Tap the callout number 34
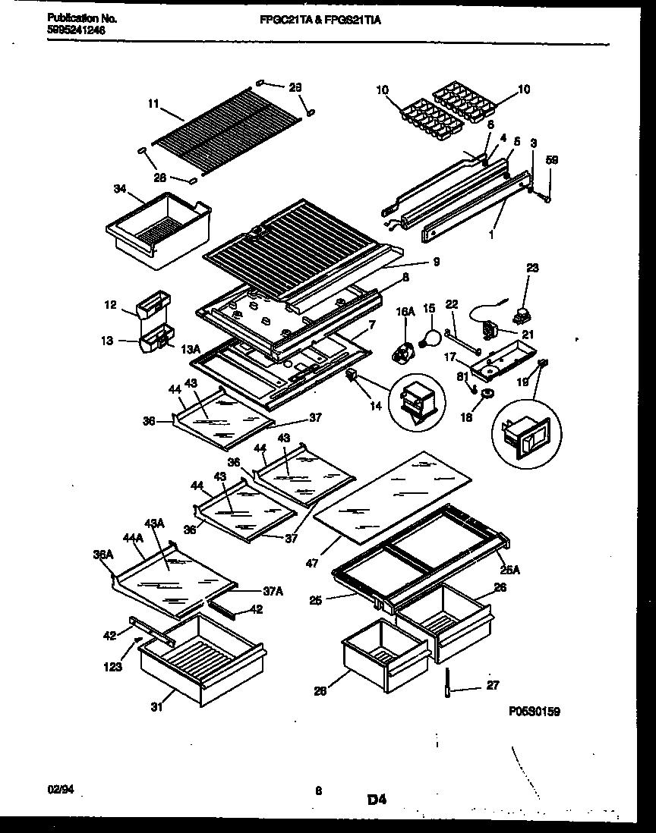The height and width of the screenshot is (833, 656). pos(119,188)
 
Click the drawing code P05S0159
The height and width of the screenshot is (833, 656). pos(535,712)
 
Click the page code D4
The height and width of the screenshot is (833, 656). pos(377,798)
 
